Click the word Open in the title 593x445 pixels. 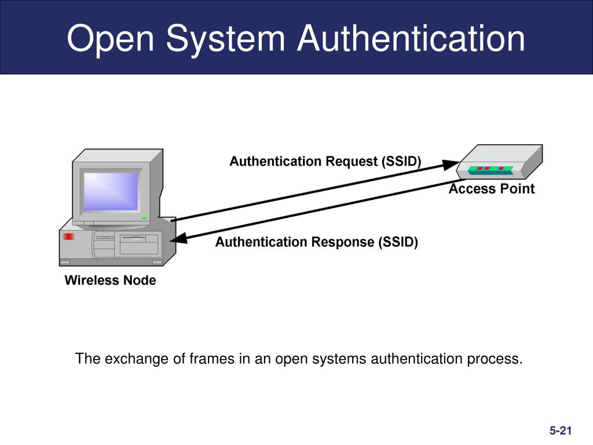111,39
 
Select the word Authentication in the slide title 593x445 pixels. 412,39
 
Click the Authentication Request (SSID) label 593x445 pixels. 325,161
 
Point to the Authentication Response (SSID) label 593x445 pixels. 317,242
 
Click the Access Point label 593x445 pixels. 492,189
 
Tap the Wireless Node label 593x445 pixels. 110,281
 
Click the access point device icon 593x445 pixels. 499,162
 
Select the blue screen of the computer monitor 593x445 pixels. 111,191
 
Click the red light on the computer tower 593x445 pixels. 69,236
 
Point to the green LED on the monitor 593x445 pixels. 144,218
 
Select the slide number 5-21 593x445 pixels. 561,430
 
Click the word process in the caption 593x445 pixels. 495,359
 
